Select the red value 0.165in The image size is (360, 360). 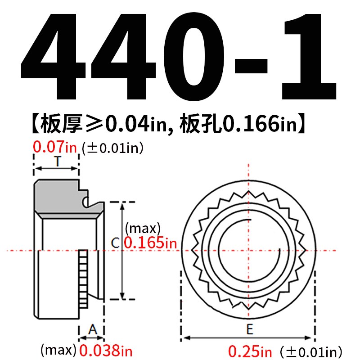[150, 243]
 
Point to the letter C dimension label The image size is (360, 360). [115, 243]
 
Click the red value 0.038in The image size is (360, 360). [106, 350]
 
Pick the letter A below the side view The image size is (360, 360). [92, 329]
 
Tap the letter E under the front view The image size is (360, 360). [249, 329]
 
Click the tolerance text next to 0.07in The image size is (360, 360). [112, 148]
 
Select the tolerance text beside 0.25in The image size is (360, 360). [310, 351]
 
